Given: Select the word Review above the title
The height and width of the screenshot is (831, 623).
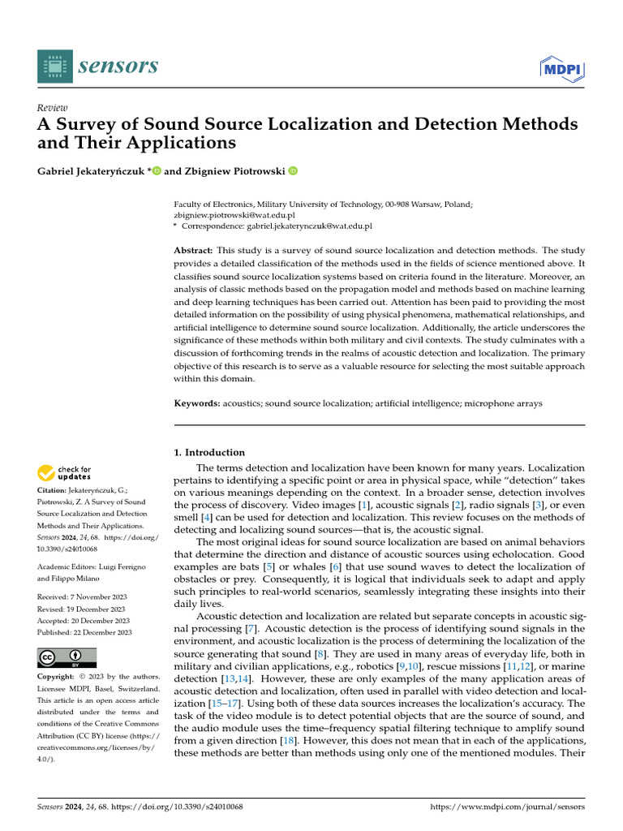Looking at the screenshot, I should click(53, 107).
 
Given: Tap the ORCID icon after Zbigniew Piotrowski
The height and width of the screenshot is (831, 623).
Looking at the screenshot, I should click(293, 170).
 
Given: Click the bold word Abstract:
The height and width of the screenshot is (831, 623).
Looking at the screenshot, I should click(195, 251).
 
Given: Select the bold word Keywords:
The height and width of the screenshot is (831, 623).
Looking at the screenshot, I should click(197, 403).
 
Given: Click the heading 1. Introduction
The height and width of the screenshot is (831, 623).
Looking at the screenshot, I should click(210, 452).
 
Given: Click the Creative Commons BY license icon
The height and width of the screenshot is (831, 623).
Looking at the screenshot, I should click(67, 657).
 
